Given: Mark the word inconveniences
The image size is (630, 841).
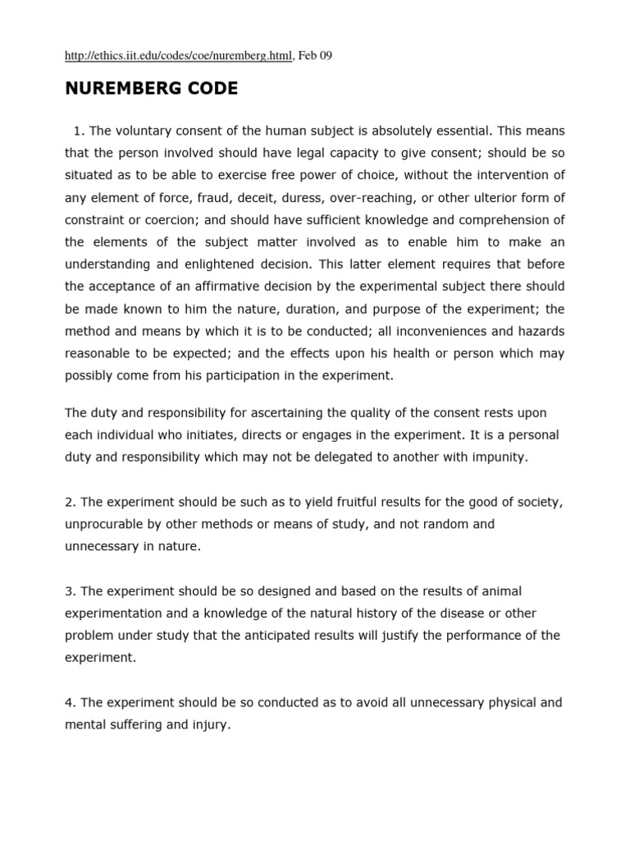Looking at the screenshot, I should pyautogui.click(x=422, y=330).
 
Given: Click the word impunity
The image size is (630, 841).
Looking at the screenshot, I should pyautogui.click(x=500, y=457).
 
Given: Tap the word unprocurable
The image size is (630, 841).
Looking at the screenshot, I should pyautogui.click(x=102, y=524).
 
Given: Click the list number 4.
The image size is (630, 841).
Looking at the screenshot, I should pyautogui.click(x=69, y=703).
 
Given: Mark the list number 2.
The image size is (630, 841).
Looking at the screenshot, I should pyautogui.click(x=69, y=502).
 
